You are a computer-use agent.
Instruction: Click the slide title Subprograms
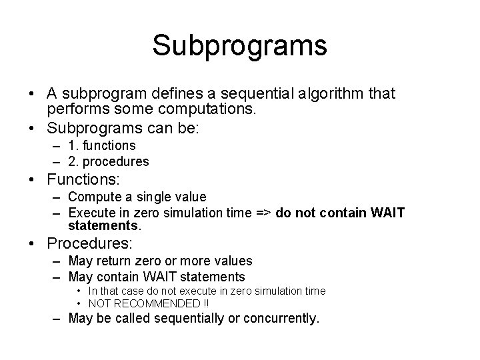point(239,45)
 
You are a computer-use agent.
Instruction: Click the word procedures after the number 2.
point(117,161)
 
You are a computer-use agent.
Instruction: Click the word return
point(116,261)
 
